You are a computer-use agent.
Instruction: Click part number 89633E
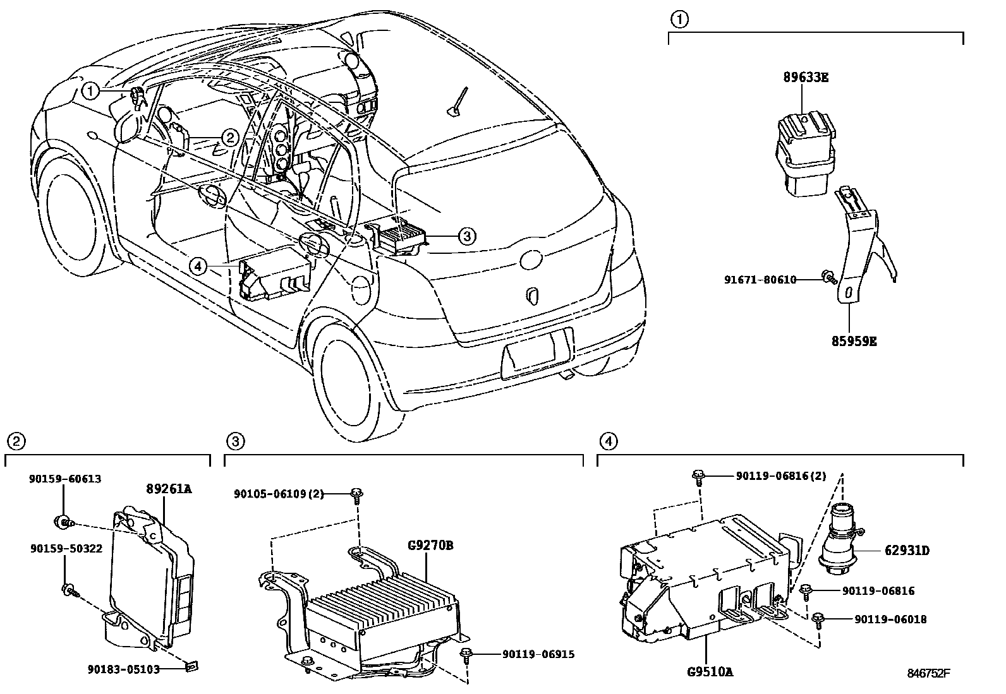(806, 78)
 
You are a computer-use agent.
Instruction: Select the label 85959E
(854, 342)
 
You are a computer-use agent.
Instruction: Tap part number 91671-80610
(760, 279)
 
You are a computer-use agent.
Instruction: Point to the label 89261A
(169, 488)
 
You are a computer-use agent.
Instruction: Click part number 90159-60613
(65, 479)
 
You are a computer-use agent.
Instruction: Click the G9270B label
(430, 544)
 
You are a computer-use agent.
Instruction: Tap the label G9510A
(709, 672)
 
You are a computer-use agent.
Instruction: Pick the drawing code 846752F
(929, 674)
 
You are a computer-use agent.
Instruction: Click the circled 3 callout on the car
(466, 236)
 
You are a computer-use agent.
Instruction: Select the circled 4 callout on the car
(198, 267)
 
